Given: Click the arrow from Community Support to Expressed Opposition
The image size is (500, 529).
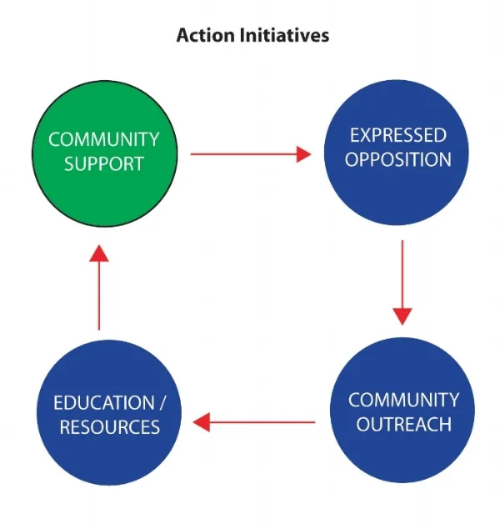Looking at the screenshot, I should coord(250,154).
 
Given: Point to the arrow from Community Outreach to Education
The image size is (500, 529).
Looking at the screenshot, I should coord(255,422).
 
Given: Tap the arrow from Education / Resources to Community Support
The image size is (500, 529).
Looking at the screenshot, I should coord(99,287).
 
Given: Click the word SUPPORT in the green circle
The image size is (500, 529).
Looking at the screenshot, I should coord(103,164).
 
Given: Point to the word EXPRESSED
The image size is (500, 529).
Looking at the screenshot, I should coord(397,135).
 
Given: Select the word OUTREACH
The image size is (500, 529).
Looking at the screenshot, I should coord(403,424).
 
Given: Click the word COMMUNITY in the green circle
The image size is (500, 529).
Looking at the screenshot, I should coord(103,139).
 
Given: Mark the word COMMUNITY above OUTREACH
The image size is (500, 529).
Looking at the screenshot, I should coord(403,400).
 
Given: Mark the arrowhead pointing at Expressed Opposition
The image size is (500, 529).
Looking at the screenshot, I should coord(301,154).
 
